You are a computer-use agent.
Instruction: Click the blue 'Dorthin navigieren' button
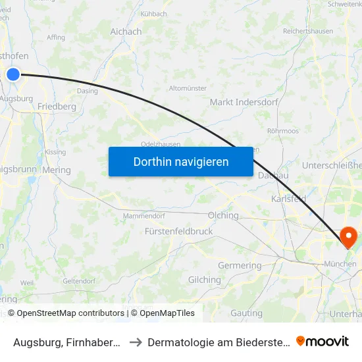pyautogui.click(x=181, y=162)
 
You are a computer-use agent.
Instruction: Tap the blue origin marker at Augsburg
pyautogui.click(x=13, y=74)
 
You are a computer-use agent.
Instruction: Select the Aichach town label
pyautogui.click(x=126, y=32)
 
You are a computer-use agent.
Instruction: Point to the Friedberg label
pyautogui.click(x=57, y=106)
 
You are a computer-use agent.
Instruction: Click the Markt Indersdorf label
pyautogui.click(x=244, y=103)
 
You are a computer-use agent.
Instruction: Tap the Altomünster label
pyautogui.click(x=188, y=88)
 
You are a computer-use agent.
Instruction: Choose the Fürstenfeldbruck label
pyautogui.click(x=178, y=232)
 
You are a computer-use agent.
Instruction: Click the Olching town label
pyautogui.click(x=223, y=215)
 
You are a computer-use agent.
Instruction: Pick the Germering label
pyautogui.click(x=240, y=266)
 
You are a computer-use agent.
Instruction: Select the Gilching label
pyautogui.click(x=204, y=280)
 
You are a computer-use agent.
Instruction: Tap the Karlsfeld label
pyautogui.click(x=289, y=198)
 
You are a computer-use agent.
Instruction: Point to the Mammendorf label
pyautogui.click(x=144, y=215)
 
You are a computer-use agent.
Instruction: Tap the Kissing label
pyautogui.click(x=56, y=152)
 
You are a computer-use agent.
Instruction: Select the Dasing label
pyautogui.click(x=88, y=91)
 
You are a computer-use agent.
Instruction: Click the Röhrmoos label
pyautogui.click(x=284, y=131)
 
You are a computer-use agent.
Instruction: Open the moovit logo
pyautogui.click(x=323, y=342)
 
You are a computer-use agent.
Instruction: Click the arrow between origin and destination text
pyautogui.click(x=134, y=342)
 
